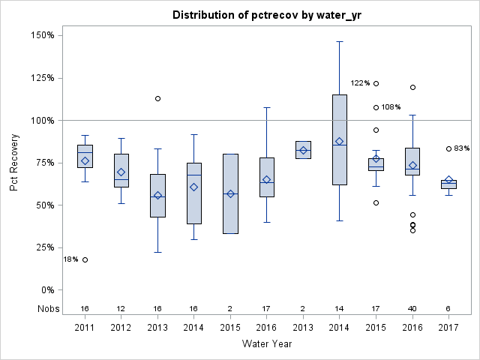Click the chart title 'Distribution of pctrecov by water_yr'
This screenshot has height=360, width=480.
[267, 15]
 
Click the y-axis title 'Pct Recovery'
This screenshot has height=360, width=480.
[15, 162]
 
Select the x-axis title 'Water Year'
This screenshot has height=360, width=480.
[267, 344]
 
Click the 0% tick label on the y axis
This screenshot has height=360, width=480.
[46, 290]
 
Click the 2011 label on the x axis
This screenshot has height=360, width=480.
[85, 327]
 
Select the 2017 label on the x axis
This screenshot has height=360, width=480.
[448, 327]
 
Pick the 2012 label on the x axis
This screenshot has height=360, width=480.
[121, 327]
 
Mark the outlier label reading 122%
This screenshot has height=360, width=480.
[360, 83]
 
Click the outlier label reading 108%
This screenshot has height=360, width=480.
[391, 107]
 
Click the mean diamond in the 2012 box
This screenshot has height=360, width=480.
[121, 172]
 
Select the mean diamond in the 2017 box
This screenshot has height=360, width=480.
[448, 180]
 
